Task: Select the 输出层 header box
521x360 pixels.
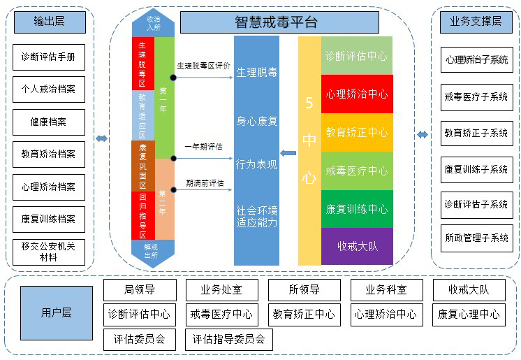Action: click(49, 22)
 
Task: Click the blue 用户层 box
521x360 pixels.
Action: click(56, 312)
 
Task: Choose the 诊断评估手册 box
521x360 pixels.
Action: click(49, 57)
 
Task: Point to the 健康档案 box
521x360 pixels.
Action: click(49, 122)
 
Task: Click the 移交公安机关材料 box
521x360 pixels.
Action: click(49, 252)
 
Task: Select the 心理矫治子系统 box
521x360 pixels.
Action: click(477, 60)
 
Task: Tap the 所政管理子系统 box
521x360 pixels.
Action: click(477, 238)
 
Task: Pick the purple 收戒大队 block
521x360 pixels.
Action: click(357, 246)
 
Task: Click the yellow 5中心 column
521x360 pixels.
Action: click(309, 150)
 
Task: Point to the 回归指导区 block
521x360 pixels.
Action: click(142, 215)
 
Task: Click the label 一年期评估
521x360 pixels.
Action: click(203, 147)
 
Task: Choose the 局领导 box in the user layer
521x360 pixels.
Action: click(140, 289)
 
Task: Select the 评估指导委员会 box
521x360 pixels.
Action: click(229, 340)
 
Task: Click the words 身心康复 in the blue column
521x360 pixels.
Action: click(257, 121)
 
